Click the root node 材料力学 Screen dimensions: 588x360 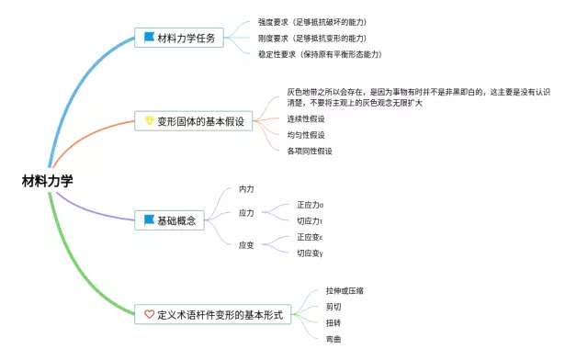point(47,181)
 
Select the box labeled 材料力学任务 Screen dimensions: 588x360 point(179,38)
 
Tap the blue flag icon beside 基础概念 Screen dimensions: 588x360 point(149,219)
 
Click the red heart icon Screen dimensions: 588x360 point(149,314)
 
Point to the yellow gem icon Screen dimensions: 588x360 point(149,120)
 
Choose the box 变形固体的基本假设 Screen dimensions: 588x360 point(194,120)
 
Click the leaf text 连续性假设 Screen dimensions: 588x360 point(306,118)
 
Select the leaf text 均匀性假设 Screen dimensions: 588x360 point(306,135)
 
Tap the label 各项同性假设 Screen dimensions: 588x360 point(310,152)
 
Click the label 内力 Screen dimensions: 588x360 point(246,189)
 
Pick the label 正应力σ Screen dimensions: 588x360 point(311,205)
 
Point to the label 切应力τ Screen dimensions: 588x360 point(310,221)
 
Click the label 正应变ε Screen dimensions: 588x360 point(311,237)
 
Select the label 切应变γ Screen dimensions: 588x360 point(311,253)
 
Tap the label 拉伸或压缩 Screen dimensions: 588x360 point(345,290)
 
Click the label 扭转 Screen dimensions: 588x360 point(334,323)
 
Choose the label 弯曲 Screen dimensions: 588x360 point(334,340)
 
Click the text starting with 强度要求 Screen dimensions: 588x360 point(312,22)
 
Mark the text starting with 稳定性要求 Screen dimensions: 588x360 point(320,54)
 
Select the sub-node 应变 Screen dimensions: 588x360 point(246,245)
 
